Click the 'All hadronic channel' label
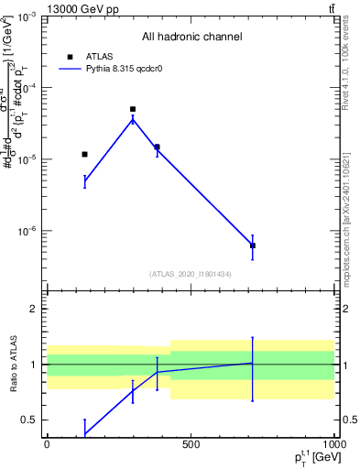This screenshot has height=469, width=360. tap(191, 37)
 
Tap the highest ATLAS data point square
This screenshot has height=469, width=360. tap(133, 109)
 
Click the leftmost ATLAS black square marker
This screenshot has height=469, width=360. tap(84, 154)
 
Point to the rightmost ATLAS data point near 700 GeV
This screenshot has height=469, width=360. tap(252, 245)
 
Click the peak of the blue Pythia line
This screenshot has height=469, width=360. tap(133, 119)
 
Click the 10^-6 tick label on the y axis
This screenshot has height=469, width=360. tap(27, 231)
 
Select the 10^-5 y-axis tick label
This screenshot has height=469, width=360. tap(27, 159)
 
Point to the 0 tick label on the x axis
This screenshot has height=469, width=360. tap(47, 444)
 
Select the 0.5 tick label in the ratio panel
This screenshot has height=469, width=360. tap(30, 420)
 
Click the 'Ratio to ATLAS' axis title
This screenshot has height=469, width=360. tap(12, 364)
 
